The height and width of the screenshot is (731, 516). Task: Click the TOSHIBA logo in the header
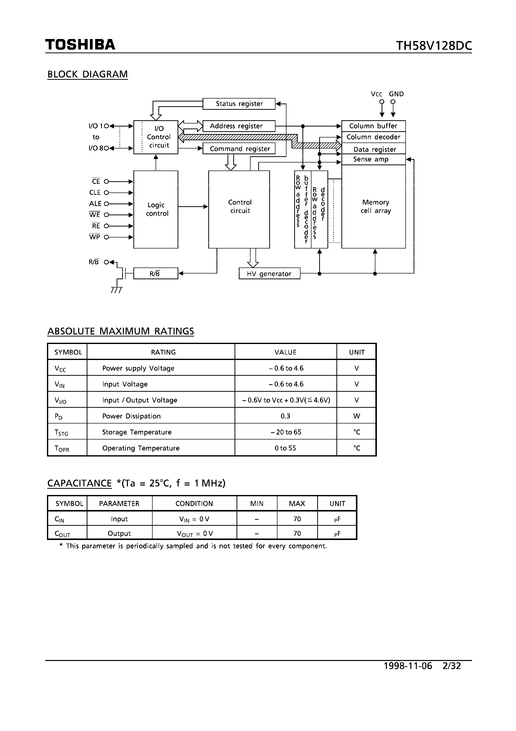80,44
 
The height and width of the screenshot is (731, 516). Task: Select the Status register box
239,104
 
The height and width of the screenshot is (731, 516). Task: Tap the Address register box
239,126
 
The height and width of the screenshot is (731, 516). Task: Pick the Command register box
239,149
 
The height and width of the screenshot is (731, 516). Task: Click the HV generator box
269,273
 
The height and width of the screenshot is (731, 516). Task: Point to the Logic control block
156,209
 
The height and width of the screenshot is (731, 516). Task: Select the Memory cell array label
375,206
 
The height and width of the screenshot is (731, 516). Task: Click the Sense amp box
373,159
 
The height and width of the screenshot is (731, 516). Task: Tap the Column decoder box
373,137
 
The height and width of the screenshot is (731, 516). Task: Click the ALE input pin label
95,203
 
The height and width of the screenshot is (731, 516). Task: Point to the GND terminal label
396,94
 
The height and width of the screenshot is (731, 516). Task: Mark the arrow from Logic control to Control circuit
193,207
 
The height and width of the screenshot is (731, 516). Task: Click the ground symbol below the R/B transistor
116,290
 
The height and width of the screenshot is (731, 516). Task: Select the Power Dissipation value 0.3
285,416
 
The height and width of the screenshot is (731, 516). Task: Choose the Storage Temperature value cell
285,432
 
